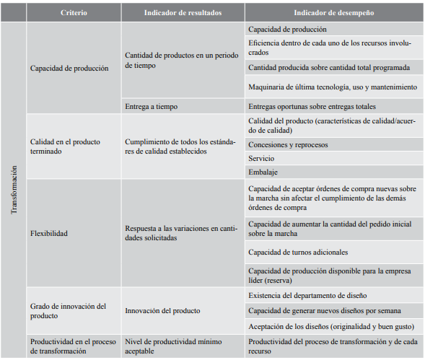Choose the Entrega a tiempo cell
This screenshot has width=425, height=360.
[152, 106]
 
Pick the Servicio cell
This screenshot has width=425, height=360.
[260, 157]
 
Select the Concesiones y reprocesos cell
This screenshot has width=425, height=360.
[287, 144]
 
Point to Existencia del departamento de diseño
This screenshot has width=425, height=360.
[307, 296]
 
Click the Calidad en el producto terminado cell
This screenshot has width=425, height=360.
[65, 146]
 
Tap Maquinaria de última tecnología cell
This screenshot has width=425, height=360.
[332, 87]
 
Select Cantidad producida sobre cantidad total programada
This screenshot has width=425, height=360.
[328, 67]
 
